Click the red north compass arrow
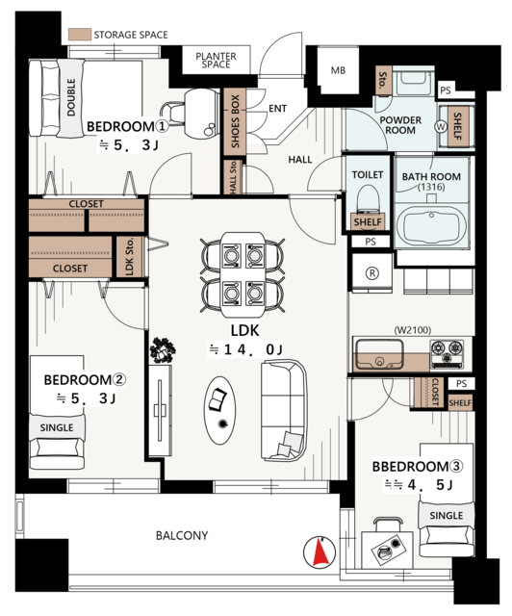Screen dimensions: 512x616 pos(320,552)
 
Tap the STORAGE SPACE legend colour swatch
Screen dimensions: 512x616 pos(80,35)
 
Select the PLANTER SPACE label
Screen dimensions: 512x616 pos(216,61)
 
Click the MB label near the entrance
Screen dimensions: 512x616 pos(338,70)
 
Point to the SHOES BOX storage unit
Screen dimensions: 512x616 pos(235,121)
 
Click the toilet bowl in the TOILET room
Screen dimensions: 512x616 pos(368,199)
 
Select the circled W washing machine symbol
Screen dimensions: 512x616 pos(441,126)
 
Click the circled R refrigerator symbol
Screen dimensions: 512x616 pos(372,273)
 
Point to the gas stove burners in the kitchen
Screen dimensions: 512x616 pos(448,353)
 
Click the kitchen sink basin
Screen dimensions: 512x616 pos(379,355)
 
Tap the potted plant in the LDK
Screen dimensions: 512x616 pos(163,350)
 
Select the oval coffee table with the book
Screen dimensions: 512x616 pos(219,411)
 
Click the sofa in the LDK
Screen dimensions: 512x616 pos(283,410)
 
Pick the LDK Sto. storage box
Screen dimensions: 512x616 pos(130,257)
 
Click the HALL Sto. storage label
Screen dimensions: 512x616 pos(233,177)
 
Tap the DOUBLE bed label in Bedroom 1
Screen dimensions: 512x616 pos(71,97)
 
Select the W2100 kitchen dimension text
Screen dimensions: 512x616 pos(413,330)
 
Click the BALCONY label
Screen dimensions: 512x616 pos(182,535)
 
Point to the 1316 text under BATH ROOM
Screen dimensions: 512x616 pos(431,187)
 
